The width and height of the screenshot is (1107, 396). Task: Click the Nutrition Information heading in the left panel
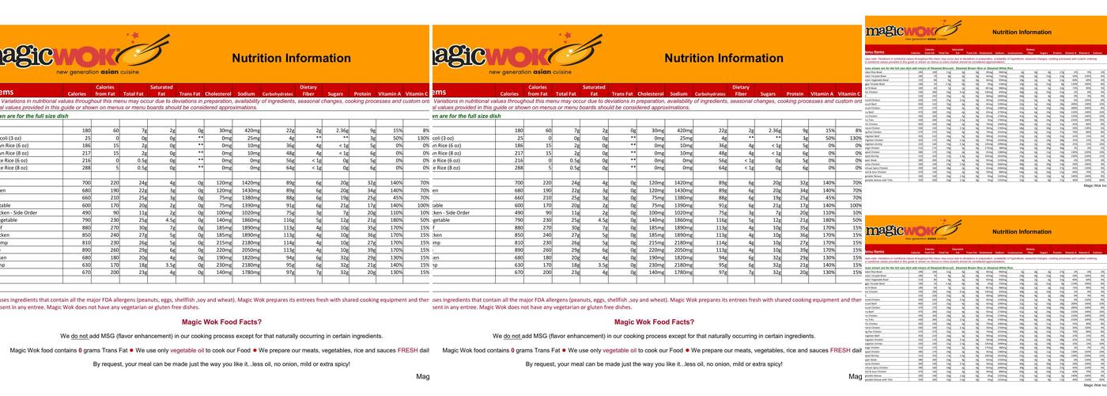coord(290,58)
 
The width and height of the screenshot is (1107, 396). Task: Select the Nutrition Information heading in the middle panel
coord(723,58)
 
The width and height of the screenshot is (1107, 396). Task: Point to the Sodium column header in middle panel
coord(678,93)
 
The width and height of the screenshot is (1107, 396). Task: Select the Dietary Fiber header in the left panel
coord(308,90)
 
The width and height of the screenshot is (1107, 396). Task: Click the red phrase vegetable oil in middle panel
coord(622,350)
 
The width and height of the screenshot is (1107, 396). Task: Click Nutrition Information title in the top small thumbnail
coord(1022,32)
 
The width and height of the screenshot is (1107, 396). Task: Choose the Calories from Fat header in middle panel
coord(537,90)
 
